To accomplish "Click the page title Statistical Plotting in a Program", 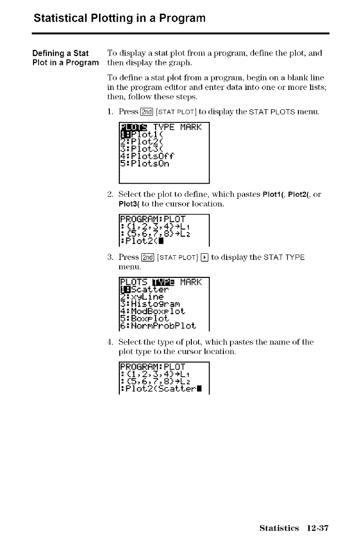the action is (120, 19).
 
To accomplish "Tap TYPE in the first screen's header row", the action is (163, 128).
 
